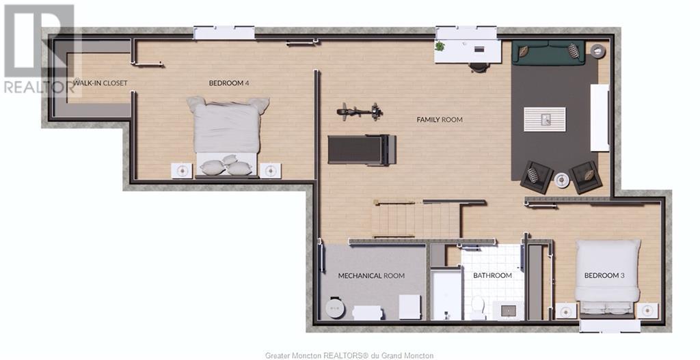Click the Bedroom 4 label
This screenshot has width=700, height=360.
(228, 83)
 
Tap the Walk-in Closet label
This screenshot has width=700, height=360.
(100, 83)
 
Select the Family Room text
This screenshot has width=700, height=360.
(440, 120)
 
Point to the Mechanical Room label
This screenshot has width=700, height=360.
(371, 276)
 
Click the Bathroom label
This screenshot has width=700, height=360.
(492, 276)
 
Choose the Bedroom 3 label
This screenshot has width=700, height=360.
(604, 276)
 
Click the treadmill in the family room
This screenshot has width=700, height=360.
(362, 150)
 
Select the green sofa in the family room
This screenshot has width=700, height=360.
(548, 52)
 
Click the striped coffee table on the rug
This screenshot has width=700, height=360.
(545, 119)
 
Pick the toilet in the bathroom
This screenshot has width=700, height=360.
(478, 307)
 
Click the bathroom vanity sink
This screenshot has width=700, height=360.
(508, 310)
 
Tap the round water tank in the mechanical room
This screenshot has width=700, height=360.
(335, 307)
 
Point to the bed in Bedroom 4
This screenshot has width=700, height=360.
(228, 136)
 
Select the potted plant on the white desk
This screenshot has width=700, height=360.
(440, 46)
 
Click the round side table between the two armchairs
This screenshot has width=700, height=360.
(561, 180)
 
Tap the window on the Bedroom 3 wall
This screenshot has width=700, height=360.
(610, 326)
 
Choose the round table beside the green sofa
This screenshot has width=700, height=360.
(597, 51)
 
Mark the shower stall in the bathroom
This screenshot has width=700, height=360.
(446, 294)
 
